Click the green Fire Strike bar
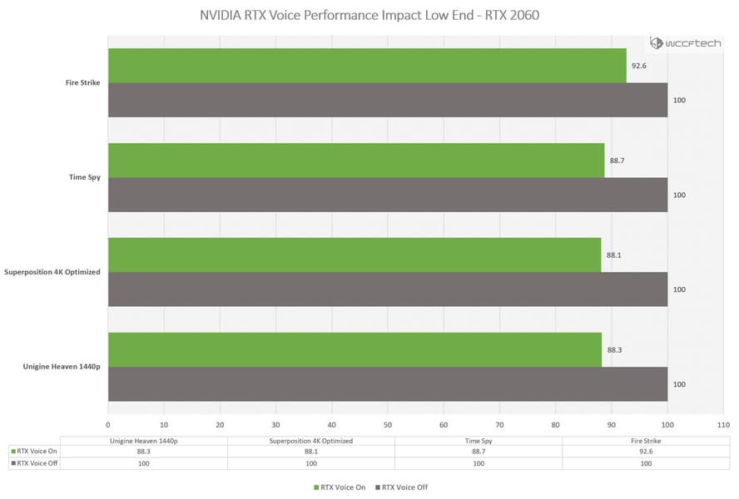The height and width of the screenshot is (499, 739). (366, 66)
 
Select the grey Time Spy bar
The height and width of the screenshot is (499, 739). (387, 195)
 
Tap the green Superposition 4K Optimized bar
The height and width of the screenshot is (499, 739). (354, 255)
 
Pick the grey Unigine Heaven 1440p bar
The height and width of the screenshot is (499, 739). (387, 384)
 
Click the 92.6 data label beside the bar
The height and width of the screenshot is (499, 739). (639, 66)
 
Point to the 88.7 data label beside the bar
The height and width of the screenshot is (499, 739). (617, 161)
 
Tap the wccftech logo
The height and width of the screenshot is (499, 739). (687, 43)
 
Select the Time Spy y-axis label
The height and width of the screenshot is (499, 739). (86, 177)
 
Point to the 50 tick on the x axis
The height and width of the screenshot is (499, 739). (388, 422)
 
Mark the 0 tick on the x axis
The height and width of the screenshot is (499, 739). (108, 422)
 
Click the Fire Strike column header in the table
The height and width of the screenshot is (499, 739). (646, 441)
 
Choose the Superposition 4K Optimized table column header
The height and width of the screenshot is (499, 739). (311, 441)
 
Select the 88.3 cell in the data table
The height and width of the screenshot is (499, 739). (143, 452)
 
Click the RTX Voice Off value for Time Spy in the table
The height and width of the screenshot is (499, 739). (479, 462)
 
